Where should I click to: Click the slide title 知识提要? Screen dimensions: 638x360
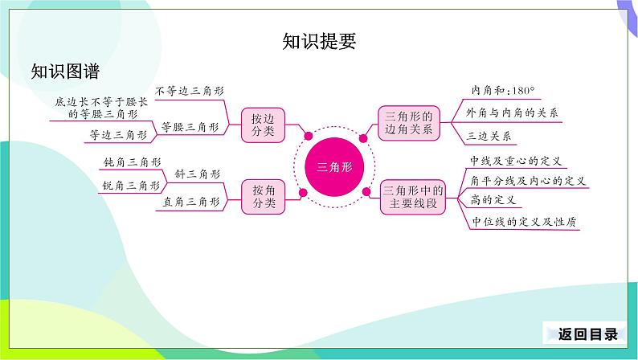click(x=319, y=41)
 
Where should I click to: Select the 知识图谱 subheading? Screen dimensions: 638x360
click(x=65, y=72)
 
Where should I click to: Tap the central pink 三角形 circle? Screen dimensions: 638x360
click(x=333, y=167)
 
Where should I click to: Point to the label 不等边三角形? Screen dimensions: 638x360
click(x=186, y=92)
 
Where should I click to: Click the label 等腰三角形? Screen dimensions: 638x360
click(x=190, y=126)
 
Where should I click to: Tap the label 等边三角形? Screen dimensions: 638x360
click(x=118, y=135)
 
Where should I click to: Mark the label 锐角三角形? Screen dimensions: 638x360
click(x=131, y=186)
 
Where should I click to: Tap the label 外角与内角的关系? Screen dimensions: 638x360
click(x=513, y=112)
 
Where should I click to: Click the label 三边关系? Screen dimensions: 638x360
click(x=488, y=135)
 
